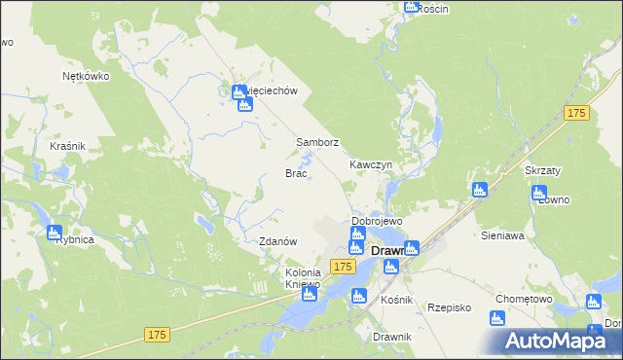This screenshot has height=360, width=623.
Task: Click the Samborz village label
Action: (317, 142)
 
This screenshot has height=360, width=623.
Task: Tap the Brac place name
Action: (296, 173)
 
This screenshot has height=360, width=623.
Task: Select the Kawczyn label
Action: (370, 165)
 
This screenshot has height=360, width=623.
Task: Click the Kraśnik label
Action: (68, 146)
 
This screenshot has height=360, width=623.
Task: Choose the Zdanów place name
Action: (277, 241)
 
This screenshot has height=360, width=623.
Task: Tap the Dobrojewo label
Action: (377, 221)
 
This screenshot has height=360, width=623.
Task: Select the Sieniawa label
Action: (503, 235)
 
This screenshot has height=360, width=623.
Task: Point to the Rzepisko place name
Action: (449, 307)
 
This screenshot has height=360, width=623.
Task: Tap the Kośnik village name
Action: (397, 301)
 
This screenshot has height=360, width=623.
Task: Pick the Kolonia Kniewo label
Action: (302, 279)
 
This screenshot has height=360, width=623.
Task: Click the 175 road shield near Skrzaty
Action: (576, 114)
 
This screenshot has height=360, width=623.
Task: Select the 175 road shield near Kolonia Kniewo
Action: (342, 266)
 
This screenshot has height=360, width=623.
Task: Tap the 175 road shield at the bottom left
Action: (158, 335)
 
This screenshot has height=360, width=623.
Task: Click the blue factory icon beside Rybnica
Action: (54, 233)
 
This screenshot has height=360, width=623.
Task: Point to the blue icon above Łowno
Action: (538, 193)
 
